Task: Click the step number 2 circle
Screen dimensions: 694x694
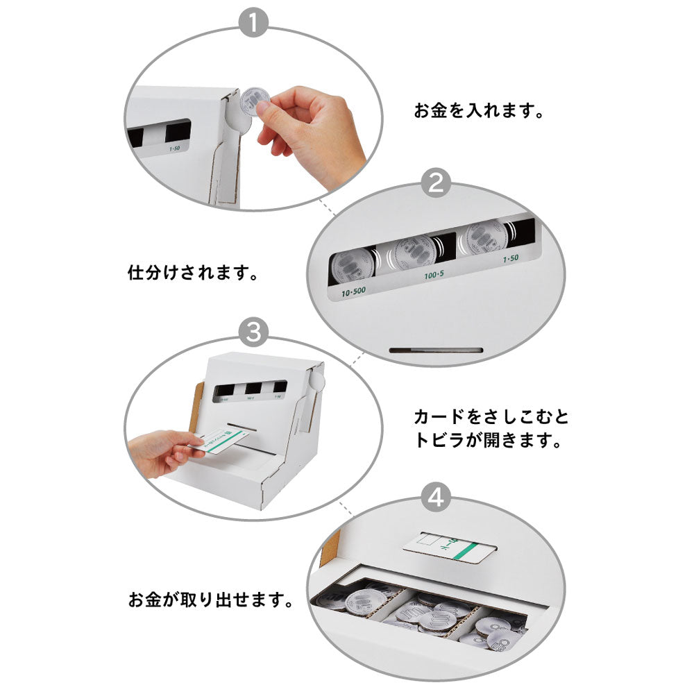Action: (x=437, y=184)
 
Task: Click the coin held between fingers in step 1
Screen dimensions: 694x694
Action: (x=254, y=103)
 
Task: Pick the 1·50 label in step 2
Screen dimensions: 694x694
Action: (x=511, y=259)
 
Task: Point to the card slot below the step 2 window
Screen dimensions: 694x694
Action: (x=436, y=350)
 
